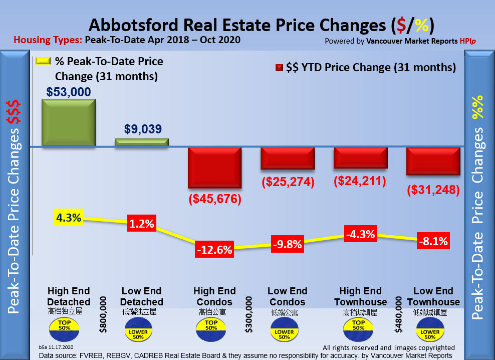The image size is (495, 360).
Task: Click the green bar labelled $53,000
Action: [x=68, y=122]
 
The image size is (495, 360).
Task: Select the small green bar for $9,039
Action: [x=142, y=142]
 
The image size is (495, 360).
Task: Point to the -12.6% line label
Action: [x=214, y=248]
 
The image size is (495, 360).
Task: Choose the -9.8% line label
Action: [x=288, y=244]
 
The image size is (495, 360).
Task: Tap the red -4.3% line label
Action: [x=361, y=234]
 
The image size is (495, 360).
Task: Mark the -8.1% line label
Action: [x=433, y=241]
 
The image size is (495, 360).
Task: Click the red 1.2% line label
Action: [x=141, y=224]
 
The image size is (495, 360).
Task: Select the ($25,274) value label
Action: [x=288, y=182]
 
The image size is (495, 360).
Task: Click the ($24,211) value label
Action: [x=360, y=181]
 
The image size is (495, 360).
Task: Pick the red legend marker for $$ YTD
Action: [x=279, y=68]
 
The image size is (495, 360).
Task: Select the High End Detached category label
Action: [x=69, y=296]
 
